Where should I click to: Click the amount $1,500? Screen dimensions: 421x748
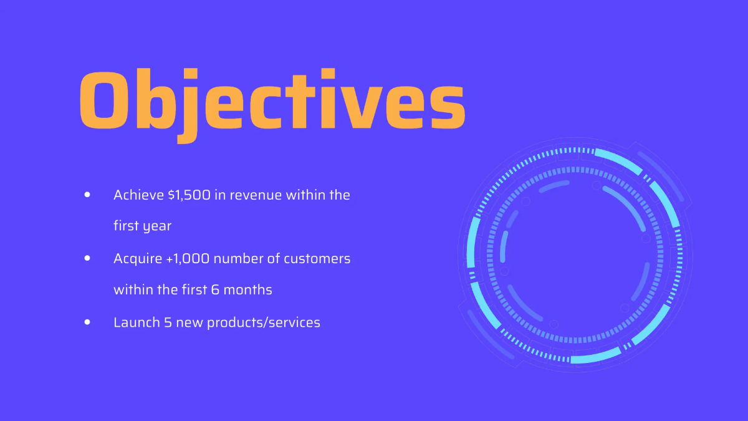coord(189,195)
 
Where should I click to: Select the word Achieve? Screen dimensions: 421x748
coord(138,195)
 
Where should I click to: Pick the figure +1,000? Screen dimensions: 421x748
coord(188,258)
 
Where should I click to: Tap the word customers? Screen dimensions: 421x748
coord(317,258)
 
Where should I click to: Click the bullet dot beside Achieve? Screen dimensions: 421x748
coord(87,195)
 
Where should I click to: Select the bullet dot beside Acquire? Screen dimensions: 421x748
coord(87,258)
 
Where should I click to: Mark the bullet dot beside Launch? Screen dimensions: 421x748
coord(87,322)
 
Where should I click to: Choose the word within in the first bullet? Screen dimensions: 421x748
coord(306,195)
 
